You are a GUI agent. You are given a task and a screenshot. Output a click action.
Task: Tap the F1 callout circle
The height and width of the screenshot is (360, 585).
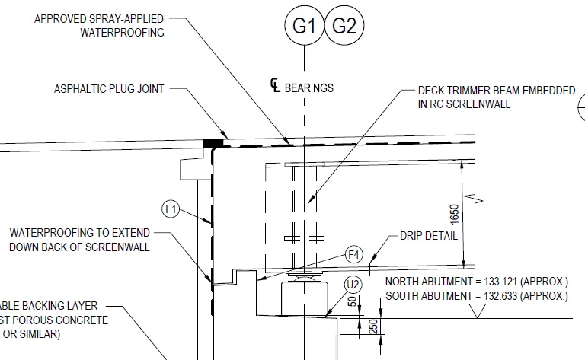(171, 207)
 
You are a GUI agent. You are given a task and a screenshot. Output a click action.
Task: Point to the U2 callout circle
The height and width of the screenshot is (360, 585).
(352, 286)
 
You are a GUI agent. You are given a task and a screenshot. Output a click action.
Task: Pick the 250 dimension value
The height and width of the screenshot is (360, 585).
(372, 327)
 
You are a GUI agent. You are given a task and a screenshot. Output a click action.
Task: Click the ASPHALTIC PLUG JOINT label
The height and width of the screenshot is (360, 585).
(109, 89)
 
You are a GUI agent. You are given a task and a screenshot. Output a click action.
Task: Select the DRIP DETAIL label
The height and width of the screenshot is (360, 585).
(429, 236)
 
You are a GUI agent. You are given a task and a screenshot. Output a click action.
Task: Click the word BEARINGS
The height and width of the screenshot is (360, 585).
(308, 88)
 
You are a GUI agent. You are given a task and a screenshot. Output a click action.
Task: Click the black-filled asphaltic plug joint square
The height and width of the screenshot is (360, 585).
(213, 142)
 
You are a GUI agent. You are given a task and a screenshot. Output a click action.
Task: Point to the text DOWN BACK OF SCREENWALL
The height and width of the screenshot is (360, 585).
(79, 247)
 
